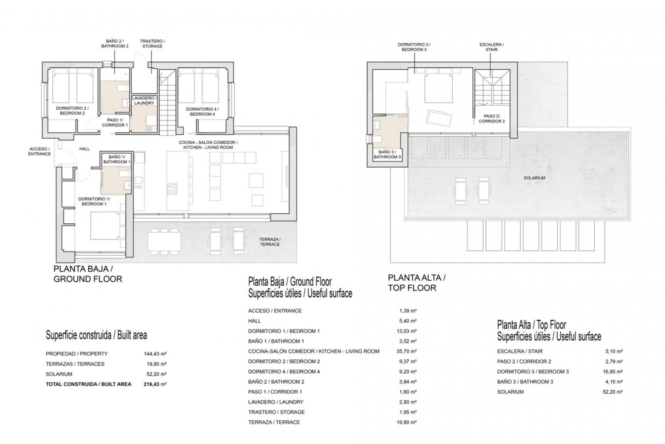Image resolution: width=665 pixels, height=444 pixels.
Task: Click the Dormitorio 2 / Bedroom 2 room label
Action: (x=70, y=111)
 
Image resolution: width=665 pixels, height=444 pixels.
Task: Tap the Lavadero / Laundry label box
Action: (x=144, y=101)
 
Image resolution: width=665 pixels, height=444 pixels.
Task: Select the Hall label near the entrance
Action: (x=84, y=149)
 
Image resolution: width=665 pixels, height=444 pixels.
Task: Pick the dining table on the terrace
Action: (x=165, y=240)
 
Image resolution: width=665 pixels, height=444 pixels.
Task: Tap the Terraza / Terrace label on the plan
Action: (x=270, y=242)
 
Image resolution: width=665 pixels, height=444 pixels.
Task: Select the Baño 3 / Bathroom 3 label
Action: (x=387, y=154)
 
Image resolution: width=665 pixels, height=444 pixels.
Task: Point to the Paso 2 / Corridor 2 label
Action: (x=491, y=119)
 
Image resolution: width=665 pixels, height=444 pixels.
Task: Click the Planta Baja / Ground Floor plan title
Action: (x=88, y=274)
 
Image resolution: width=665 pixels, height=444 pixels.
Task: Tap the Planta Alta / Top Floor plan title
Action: (x=416, y=282)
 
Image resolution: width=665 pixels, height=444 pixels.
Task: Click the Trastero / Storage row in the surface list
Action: (x=276, y=412)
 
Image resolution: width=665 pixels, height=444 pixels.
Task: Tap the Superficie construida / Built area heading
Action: (x=96, y=335)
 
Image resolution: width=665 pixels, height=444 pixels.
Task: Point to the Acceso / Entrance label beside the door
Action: (x=39, y=151)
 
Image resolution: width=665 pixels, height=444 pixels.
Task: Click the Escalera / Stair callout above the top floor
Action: (x=491, y=47)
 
